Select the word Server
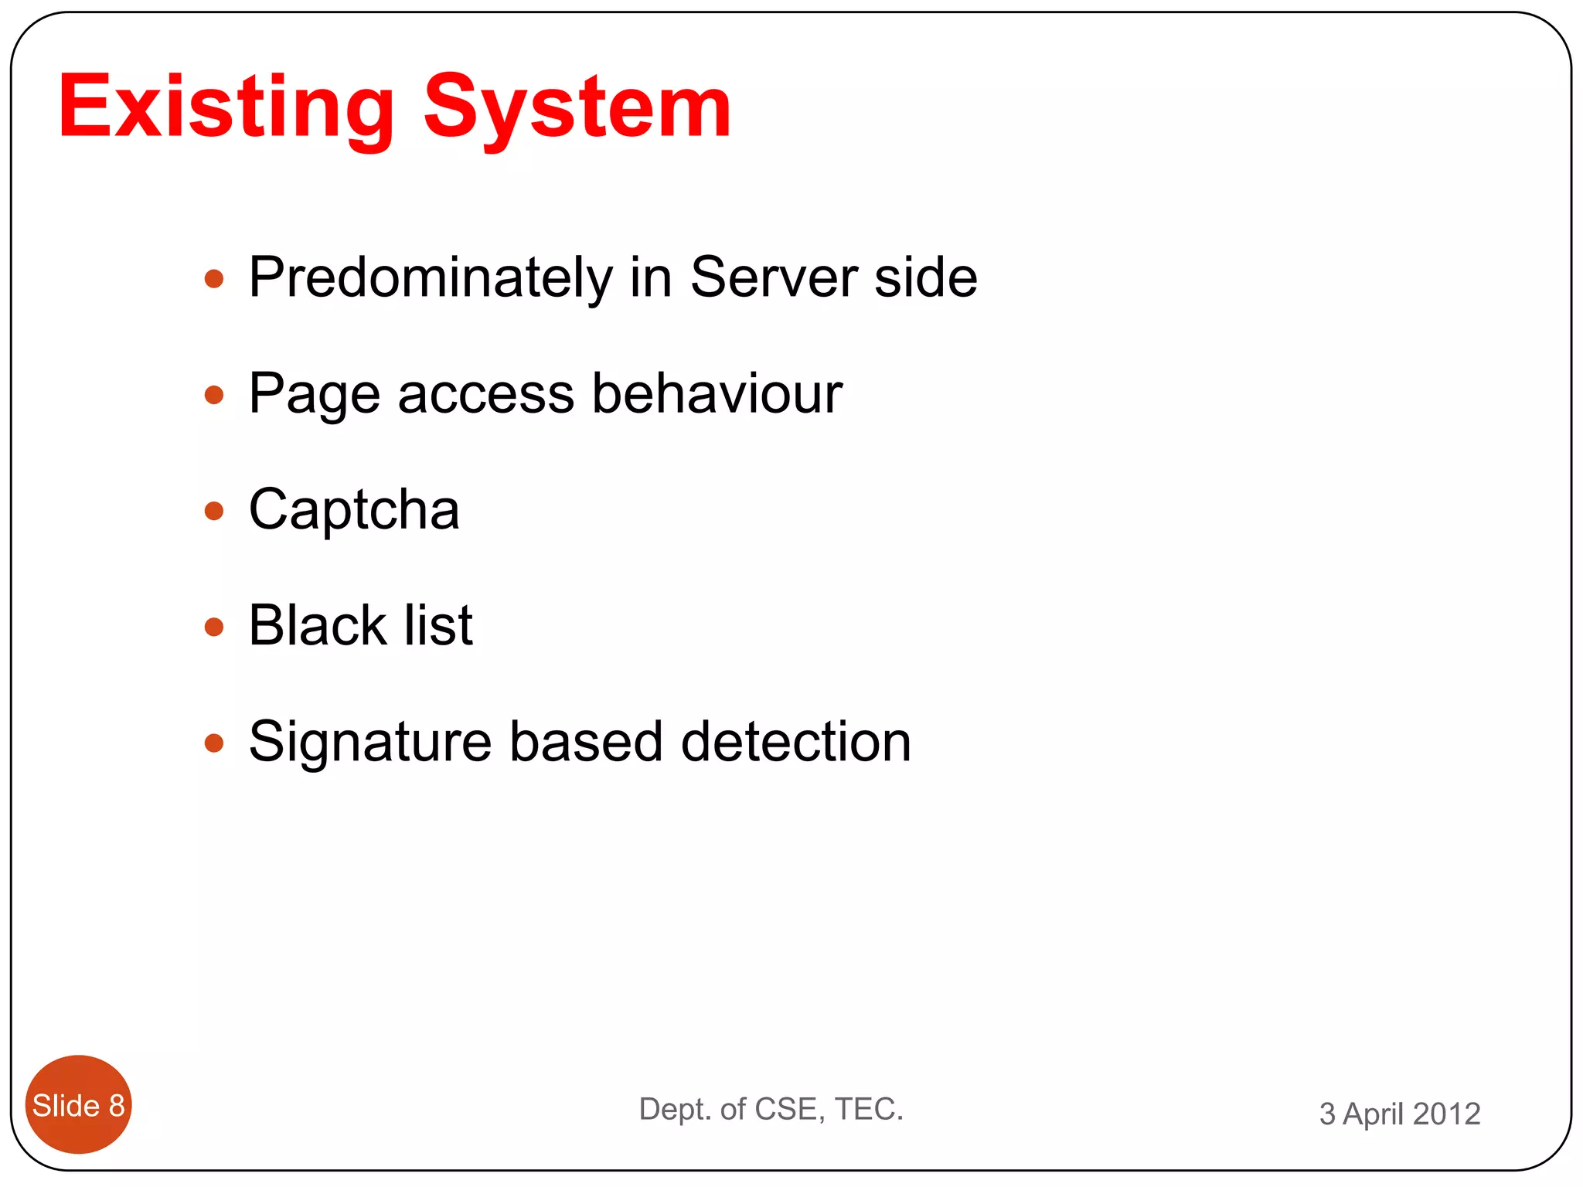pyautogui.click(x=773, y=277)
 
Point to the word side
pyautogui.click(x=925, y=277)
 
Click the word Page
pyautogui.click(x=314, y=394)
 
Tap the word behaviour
pyautogui.click(x=717, y=393)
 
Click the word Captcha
pyautogui.click(x=354, y=511)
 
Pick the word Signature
pyautogui.click(x=370, y=742)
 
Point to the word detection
pyautogui.click(x=795, y=742)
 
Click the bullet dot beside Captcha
pyautogui.click(x=214, y=511)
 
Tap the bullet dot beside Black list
pyautogui.click(x=214, y=627)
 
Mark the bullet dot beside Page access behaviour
pyautogui.click(x=214, y=395)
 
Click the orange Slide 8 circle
pyautogui.click(x=78, y=1104)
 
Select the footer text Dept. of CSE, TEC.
pyautogui.click(x=771, y=1109)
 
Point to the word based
pyautogui.click(x=586, y=742)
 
